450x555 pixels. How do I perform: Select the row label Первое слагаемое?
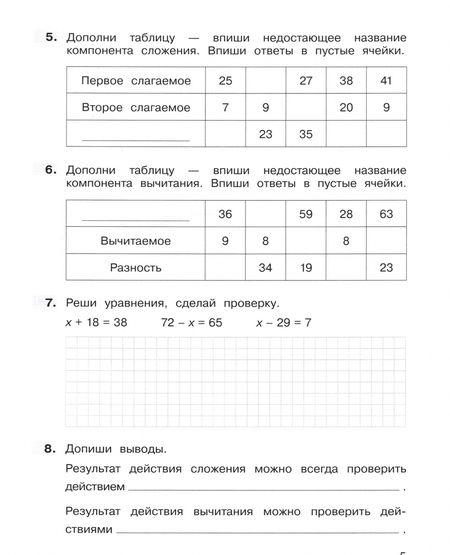coord(135,78)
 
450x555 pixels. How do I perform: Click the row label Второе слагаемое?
coord(135,105)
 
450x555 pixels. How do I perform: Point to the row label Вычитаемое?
coord(135,241)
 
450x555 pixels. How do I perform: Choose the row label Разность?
coord(135,267)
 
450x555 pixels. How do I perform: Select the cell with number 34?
coord(265,267)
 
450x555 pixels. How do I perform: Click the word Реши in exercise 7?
coord(82,302)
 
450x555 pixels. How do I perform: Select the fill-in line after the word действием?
coord(265,488)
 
